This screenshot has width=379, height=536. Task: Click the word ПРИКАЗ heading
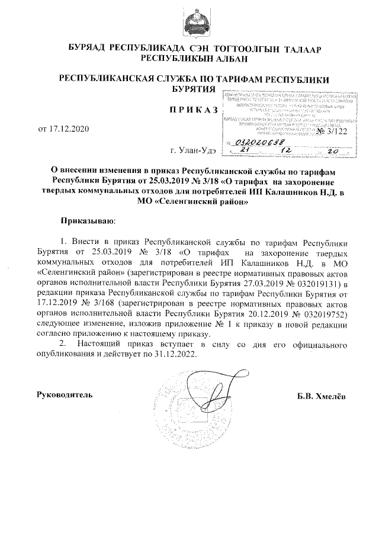click(190, 110)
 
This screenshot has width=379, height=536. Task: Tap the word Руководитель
click(65, 394)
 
